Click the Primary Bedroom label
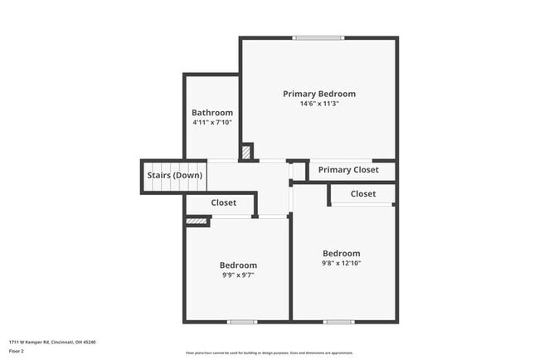pos(319,94)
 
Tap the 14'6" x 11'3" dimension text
pos(319,105)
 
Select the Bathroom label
pos(212,113)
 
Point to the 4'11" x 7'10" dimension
pos(212,123)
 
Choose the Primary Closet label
pos(348,170)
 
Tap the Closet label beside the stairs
pos(224,202)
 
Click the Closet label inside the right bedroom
pos(363,194)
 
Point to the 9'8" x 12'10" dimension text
pos(342,263)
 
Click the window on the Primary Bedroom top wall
pos(318,37)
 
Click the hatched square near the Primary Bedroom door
pos(246,153)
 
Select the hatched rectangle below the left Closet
pos(196,221)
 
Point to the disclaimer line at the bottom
pos(269,352)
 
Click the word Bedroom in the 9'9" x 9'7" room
pos(238,265)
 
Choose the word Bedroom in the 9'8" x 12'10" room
pos(342,254)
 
